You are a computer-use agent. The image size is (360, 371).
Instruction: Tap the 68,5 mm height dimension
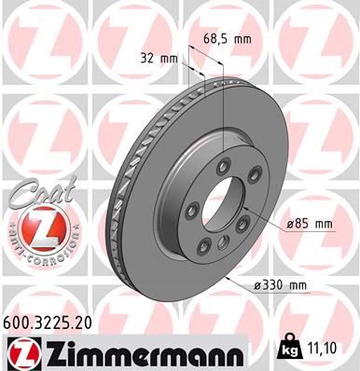(228, 38)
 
